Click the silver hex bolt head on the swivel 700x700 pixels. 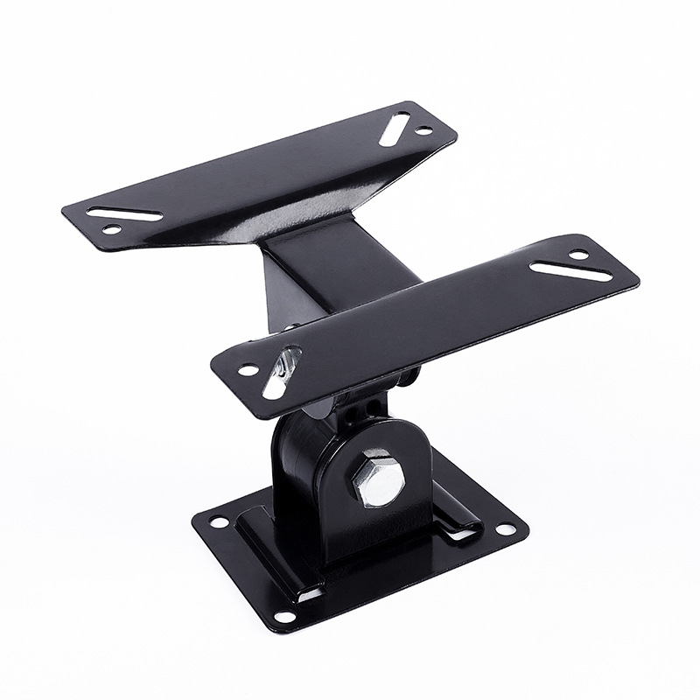[379, 477]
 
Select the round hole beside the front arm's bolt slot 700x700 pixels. [248, 370]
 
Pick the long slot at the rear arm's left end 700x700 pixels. [124, 213]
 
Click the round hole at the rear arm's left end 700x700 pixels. [112, 229]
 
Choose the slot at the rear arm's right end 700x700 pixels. [395, 128]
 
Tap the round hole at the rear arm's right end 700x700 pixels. [423, 130]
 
